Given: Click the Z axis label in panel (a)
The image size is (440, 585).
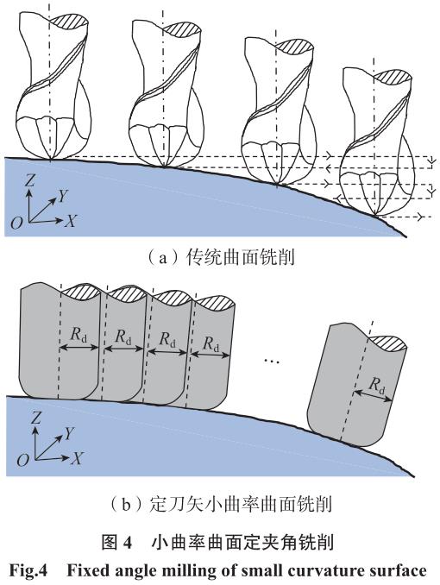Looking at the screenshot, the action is tap(29, 181).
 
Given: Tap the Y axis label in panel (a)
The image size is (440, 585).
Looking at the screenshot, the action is tap(64, 196).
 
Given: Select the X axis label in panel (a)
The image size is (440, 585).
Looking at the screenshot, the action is tap(70, 221).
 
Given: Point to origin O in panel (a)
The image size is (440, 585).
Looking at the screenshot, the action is tap(16, 223).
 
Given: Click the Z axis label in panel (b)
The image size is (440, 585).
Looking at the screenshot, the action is tap(35, 418).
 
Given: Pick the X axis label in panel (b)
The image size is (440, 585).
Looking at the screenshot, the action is tap(76, 458).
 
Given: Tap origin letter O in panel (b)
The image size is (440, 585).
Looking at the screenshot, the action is tap(22, 460).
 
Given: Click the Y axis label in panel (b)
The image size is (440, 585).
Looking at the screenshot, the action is tap(70, 433).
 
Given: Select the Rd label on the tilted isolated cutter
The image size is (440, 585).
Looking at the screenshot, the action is tap(377, 386).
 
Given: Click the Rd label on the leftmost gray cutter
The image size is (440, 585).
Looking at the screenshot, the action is tap(79, 335).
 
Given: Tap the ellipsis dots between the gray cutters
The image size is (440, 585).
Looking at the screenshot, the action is tap(271, 362).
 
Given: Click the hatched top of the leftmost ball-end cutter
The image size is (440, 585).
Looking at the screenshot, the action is tap(69, 20).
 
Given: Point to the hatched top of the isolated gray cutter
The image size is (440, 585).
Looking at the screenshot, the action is tap(387, 343).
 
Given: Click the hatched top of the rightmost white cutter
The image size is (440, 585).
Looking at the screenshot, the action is tap(393, 76).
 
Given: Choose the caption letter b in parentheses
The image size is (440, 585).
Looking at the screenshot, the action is tap(126, 505).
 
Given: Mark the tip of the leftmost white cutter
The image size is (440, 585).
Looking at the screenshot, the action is tap(52, 160).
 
